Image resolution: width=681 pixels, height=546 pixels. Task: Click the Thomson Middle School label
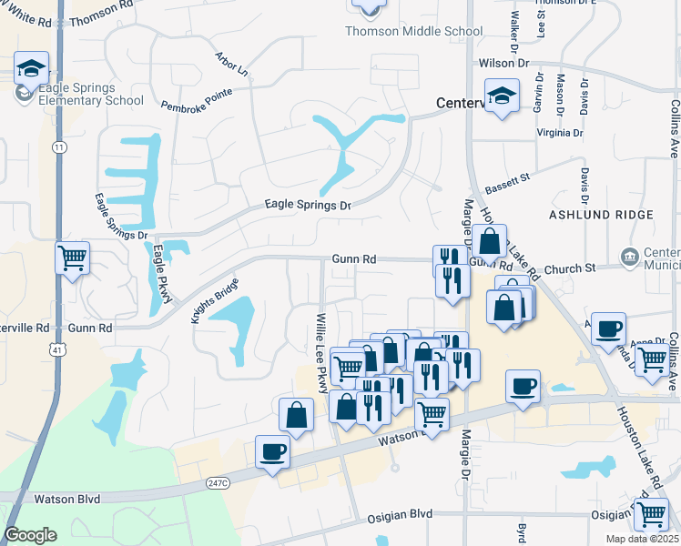[413, 32]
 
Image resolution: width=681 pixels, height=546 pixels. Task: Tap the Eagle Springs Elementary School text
[77, 94]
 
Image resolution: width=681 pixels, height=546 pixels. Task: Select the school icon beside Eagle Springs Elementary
[31, 68]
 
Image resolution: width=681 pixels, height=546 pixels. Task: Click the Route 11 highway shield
[60, 147]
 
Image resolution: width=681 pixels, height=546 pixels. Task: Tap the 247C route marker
[216, 482]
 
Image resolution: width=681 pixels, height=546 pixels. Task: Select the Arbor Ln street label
[231, 64]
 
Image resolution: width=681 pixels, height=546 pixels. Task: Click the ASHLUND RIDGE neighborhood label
[601, 215]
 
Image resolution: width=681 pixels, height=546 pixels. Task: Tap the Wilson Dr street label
[503, 63]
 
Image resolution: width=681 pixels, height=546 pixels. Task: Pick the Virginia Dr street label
[560, 133]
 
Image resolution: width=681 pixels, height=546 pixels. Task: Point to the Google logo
[30, 534]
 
